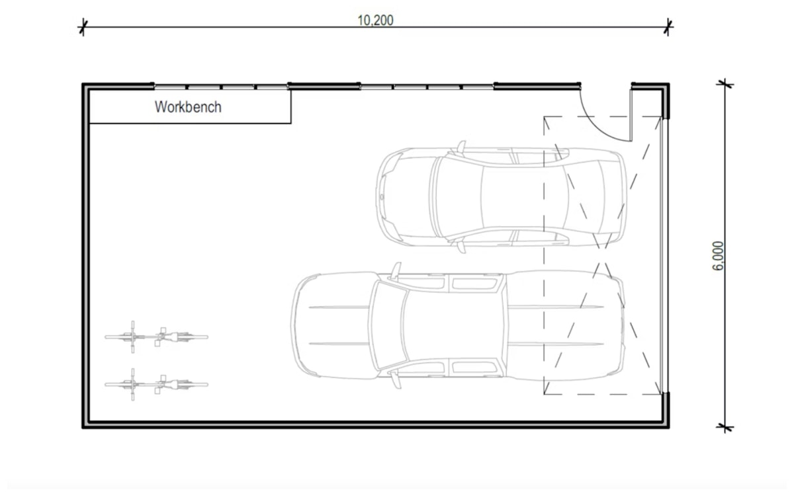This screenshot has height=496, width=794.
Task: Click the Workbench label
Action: click(188, 107)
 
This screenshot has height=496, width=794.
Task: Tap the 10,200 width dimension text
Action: click(375, 21)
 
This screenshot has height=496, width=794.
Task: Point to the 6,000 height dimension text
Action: click(718, 256)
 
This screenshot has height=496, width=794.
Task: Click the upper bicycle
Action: click(156, 337)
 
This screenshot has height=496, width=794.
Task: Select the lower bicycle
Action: click(156, 384)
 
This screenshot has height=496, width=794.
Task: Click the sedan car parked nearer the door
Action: click(501, 196)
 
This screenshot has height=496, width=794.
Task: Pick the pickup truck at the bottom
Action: click(458, 325)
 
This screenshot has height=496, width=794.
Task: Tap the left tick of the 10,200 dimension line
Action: click(83, 27)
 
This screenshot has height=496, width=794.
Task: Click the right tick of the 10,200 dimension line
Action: click(668, 27)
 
